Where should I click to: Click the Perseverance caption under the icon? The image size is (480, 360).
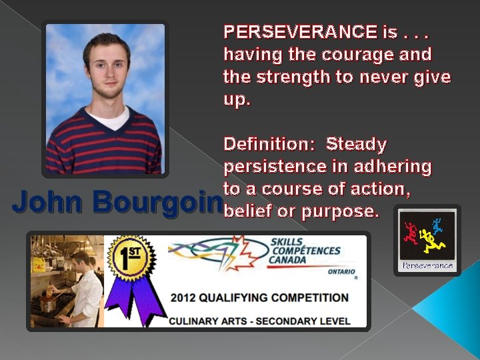coord(427,266)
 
